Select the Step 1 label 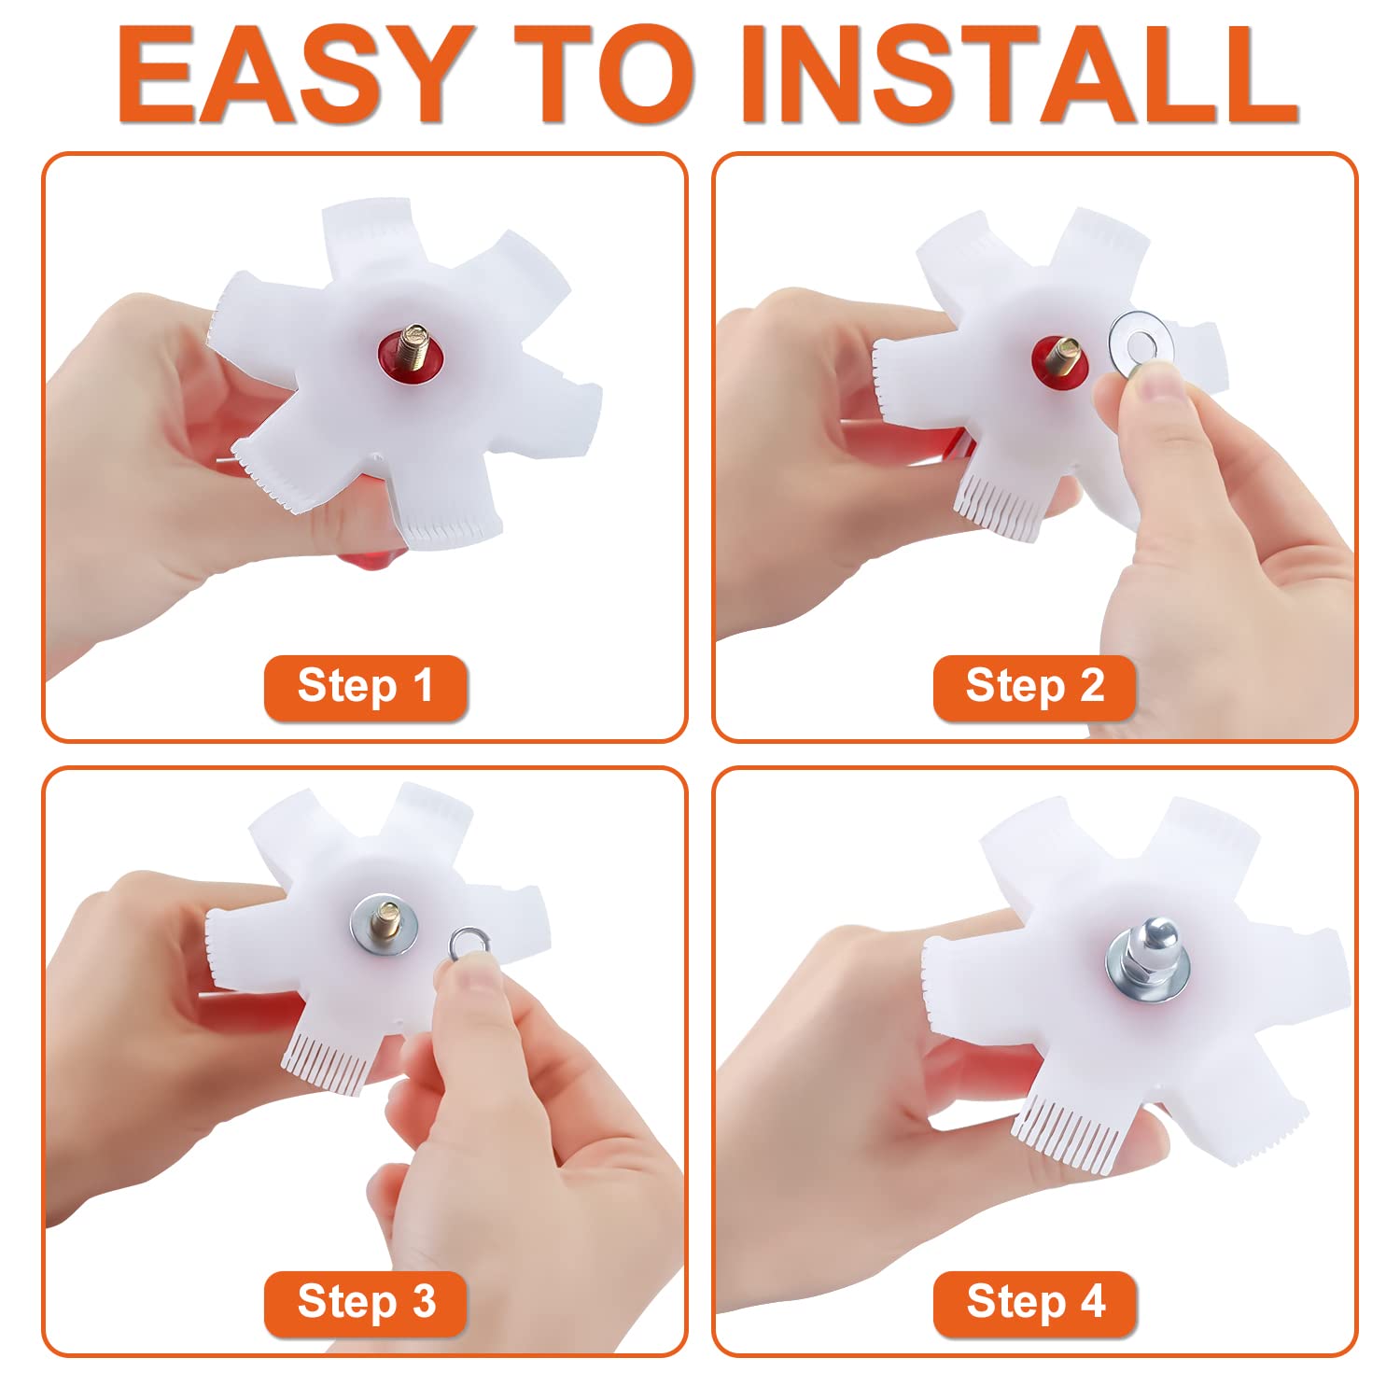365,687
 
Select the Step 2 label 1034,687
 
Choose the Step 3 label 365,1302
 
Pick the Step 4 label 1034,1302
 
